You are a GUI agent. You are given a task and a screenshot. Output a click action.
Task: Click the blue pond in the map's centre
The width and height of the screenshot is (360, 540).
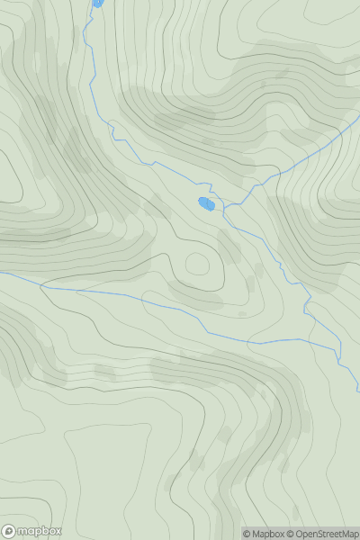point(206,203)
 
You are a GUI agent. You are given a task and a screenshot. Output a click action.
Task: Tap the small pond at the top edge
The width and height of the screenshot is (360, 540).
point(97,4)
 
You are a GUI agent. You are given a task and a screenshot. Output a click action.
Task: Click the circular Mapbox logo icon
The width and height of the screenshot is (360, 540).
point(10,531)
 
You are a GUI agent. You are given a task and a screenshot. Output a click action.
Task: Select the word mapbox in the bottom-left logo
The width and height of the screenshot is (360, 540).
point(38,531)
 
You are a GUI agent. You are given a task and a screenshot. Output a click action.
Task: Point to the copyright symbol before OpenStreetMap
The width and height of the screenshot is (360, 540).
point(292,534)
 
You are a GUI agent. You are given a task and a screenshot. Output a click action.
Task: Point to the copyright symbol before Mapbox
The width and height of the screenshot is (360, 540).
point(247,534)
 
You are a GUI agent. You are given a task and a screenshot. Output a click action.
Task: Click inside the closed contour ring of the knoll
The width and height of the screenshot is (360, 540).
point(197,265)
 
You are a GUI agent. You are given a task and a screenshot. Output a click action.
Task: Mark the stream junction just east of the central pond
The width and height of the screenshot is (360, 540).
point(225,208)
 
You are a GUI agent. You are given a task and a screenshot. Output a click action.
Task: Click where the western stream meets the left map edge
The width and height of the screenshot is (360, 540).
point(2,272)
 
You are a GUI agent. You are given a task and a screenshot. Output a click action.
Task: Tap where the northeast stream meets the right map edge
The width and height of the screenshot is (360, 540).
point(358,125)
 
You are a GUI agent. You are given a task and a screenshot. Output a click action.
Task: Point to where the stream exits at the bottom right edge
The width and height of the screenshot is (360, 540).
point(357,391)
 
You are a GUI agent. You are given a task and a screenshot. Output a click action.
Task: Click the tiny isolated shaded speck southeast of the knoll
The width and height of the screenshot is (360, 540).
point(241,313)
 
